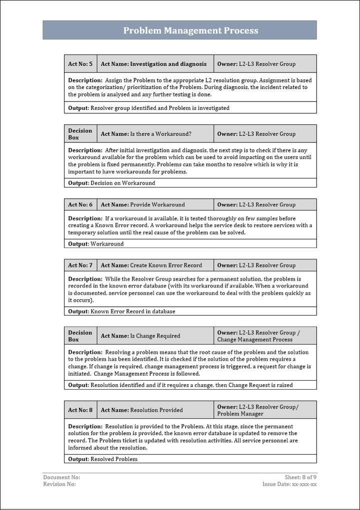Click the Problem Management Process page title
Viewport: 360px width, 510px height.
tap(190, 30)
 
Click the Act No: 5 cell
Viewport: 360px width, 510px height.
tap(80, 64)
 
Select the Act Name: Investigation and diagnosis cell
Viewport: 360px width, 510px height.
tap(154, 64)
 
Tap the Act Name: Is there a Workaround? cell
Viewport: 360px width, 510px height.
tap(154, 134)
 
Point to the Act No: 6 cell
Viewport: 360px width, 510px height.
tap(80, 205)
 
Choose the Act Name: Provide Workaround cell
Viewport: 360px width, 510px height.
tap(154, 205)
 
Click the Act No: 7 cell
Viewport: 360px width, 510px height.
tap(80, 265)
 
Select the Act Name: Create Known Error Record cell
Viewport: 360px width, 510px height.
tap(154, 265)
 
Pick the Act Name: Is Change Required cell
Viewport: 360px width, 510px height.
tap(154, 336)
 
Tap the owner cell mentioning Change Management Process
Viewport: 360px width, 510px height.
tap(265, 336)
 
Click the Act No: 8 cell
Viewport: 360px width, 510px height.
tap(80, 410)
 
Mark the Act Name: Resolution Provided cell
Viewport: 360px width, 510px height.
tap(154, 410)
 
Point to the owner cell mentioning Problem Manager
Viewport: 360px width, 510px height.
tap(265, 410)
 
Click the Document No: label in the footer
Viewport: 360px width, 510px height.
tap(61, 478)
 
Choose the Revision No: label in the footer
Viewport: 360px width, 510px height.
tap(59, 484)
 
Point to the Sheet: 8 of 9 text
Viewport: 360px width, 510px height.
tap(300, 478)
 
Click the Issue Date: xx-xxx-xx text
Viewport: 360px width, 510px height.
tap(289, 484)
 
